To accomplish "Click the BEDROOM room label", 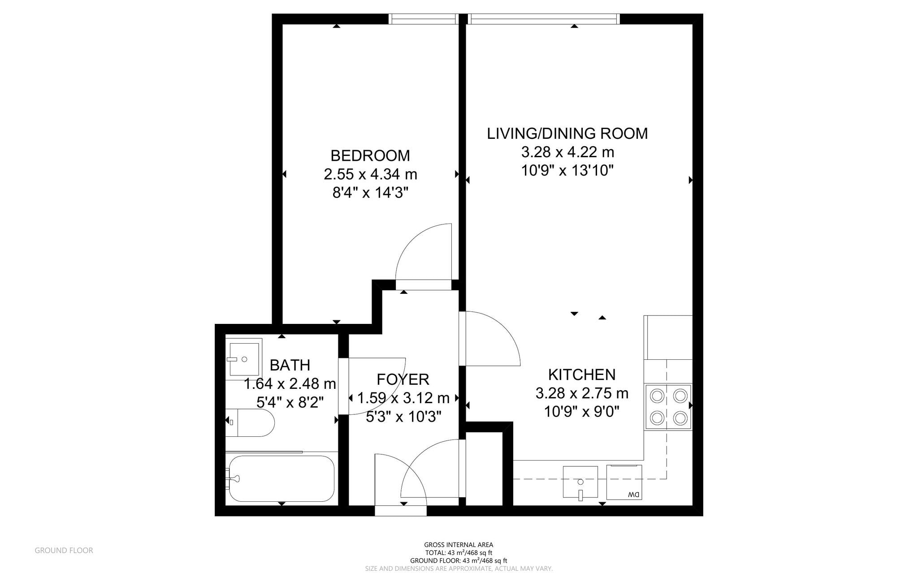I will (370, 155).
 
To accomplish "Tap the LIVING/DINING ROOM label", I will (567, 134).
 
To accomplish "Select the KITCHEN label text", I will (582, 375).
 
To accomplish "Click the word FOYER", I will (403, 379).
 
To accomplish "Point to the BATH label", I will (290, 365).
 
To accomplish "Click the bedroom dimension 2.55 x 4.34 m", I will (370, 174).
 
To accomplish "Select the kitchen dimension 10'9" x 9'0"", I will (582, 411).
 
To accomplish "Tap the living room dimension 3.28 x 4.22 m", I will (567, 152).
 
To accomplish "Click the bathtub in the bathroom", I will (281, 478).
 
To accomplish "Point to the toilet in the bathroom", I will (253, 422).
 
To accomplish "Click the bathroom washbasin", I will (244, 359).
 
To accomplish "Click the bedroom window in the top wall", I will (423, 19).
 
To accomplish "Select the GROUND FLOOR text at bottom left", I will (64, 550).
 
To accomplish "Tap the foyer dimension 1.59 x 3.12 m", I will (403, 398).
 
